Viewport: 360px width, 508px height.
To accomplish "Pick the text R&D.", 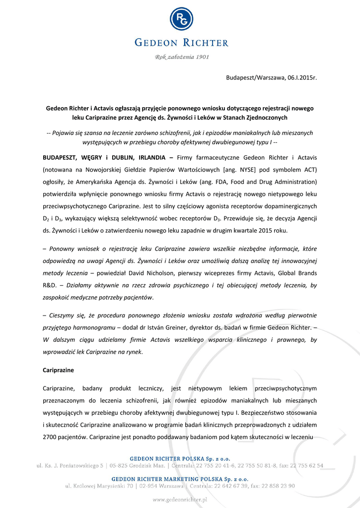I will (x=51, y=285).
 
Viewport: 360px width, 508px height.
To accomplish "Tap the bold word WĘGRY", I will (x=87, y=158).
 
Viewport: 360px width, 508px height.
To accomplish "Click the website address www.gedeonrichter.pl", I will (x=179, y=500).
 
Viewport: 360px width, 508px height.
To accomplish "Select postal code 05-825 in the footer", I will (x=120, y=466).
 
